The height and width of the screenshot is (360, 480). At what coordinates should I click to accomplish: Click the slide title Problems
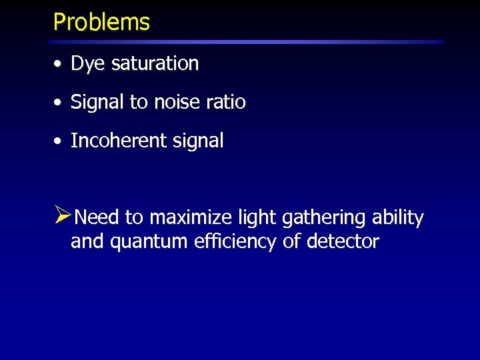(x=101, y=22)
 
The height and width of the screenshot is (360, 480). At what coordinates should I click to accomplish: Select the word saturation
(x=155, y=64)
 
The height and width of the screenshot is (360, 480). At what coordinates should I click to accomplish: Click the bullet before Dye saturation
(x=59, y=65)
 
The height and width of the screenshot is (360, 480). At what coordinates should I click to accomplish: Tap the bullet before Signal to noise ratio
(x=59, y=103)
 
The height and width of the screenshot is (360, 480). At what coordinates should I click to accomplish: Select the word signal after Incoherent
(x=199, y=141)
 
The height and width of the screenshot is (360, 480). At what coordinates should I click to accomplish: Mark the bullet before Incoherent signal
(x=59, y=142)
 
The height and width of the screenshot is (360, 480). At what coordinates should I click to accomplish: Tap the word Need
(x=97, y=218)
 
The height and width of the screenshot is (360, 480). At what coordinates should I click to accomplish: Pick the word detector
(x=343, y=241)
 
